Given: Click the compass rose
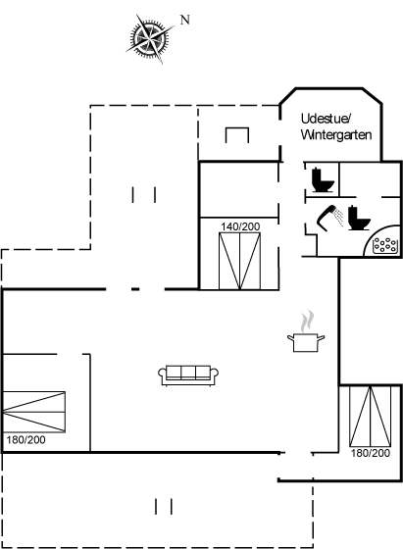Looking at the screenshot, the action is point(150,38).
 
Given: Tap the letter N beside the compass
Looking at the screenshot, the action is point(185,20).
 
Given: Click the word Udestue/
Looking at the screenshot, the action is point(326,119).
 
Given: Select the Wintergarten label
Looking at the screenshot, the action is point(336,135).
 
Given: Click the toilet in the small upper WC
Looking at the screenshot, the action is point(323,180).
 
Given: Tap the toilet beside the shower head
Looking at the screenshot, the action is point(359,218).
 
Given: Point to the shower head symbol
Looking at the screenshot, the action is point(330,218).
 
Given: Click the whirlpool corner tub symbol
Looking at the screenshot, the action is point(384,245).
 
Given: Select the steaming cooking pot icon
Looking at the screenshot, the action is point(306,331).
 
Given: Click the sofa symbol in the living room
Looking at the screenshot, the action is point(188,375).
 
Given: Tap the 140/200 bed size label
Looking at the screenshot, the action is point(240,226).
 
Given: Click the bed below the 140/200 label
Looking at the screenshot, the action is point(240,261).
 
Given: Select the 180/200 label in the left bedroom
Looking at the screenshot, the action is point(25,440).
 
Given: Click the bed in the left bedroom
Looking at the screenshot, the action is point(34,412).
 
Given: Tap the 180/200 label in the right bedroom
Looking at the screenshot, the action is point(371,453).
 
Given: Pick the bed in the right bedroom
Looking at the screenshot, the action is point(371,417).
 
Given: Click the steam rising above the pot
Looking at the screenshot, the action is point(307,321).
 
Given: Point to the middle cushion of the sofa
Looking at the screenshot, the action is point(188,373).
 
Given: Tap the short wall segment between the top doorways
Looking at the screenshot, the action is point(135,289).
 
